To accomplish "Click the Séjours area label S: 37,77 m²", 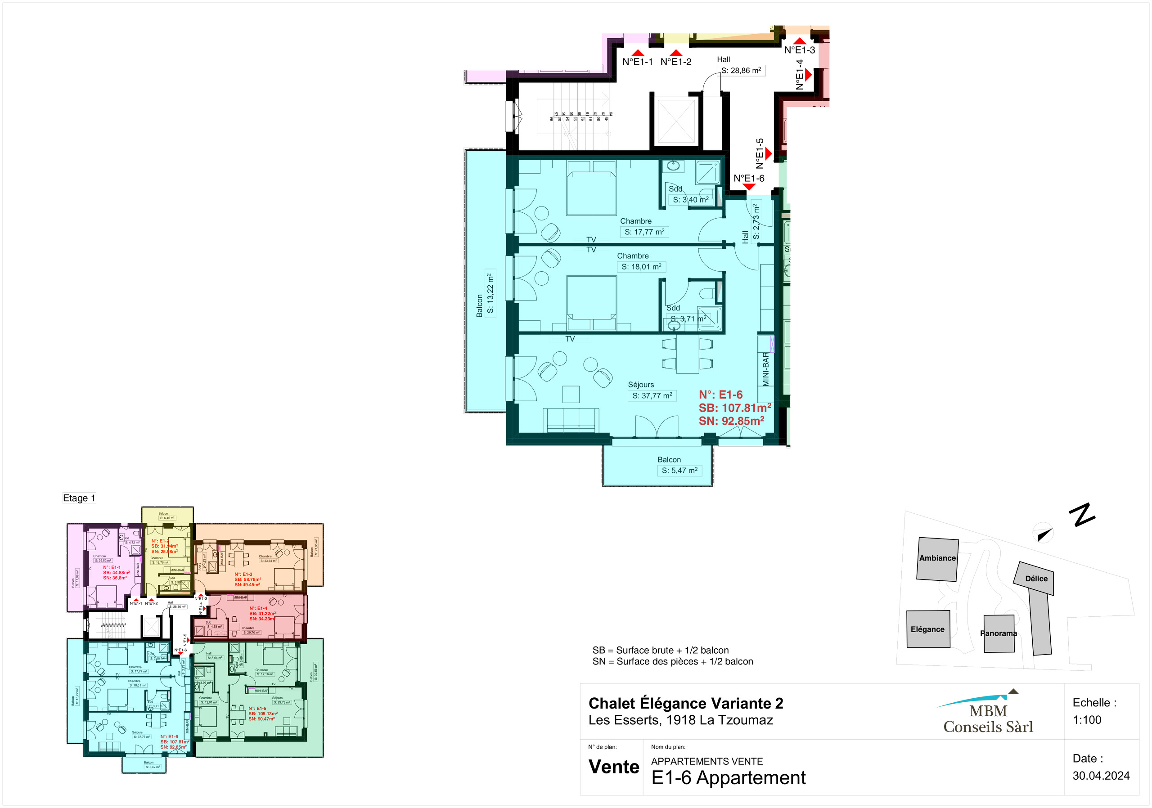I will pos(652,396).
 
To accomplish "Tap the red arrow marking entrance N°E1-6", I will pos(749,187).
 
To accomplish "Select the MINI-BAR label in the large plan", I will pos(765,369).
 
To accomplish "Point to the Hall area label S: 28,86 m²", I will pos(741,71).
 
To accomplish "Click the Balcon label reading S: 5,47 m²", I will pos(679,471).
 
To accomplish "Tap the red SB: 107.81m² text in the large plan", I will pos(734,408).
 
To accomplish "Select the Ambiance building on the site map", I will pos(937,559).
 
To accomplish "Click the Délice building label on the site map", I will pos(1036,578).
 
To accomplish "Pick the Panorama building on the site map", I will pos(999,633).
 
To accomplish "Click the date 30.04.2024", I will pos(1101,776).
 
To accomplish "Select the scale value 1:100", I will pos(1087,720).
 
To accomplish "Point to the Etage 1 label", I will pos(79,498).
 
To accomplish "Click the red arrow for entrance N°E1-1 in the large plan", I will pos(637,53).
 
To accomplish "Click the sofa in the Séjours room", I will pos(571,420).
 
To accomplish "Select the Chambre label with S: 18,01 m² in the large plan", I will pos(641,267).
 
